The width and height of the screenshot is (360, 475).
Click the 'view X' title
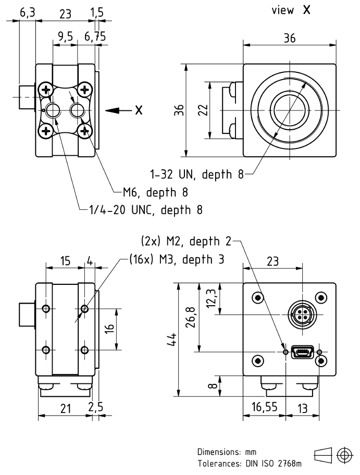(290, 11)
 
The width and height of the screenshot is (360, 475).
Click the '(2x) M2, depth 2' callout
(185, 242)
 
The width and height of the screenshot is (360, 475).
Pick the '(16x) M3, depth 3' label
(177, 259)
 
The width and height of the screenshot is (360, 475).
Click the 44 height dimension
(176, 339)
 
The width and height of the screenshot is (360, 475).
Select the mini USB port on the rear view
(302, 352)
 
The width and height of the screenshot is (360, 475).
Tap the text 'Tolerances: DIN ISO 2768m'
(249, 463)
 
